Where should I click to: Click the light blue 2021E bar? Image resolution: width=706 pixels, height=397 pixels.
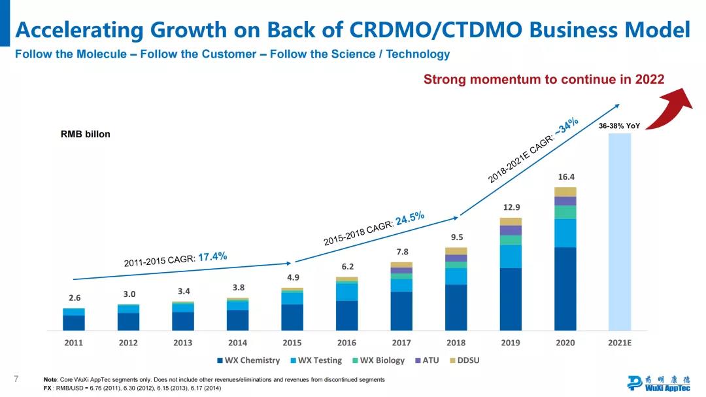(x=620, y=232)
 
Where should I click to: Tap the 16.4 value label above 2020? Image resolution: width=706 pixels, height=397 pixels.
(x=566, y=177)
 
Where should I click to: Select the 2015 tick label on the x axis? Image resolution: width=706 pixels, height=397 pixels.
(x=292, y=343)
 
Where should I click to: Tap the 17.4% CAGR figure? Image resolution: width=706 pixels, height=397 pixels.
(x=212, y=256)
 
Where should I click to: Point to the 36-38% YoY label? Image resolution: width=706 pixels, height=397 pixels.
(x=619, y=126)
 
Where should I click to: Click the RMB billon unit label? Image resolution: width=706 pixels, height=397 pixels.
(x=86, y=134)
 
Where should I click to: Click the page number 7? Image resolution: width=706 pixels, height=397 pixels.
(x=16, y=379)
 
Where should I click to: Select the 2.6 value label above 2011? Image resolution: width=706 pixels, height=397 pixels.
(x=75, y=298)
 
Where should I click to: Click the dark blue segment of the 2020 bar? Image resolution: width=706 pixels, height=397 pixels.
(x=565, y=288)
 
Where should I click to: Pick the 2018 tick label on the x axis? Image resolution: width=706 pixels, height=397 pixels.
(x=456, y=343)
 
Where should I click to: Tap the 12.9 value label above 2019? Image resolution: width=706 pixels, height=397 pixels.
(x=511, y=207)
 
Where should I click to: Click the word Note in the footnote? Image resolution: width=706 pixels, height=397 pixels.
(x=50, y=379)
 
